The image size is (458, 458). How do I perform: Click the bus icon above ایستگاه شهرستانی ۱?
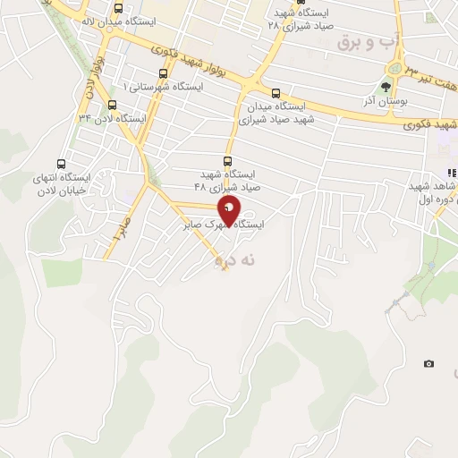click(162, 73)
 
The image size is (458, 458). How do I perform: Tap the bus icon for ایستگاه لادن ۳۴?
click(112, 104)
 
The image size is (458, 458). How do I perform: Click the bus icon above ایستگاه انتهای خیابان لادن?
click(61, 164)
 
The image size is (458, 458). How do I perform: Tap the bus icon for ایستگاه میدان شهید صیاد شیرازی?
click(276, 92)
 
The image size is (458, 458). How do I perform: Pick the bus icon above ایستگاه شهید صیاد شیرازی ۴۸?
click(226, 161)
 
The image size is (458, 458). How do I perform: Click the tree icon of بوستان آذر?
click(386, 88)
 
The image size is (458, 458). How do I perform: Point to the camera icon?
click(428, 363)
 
